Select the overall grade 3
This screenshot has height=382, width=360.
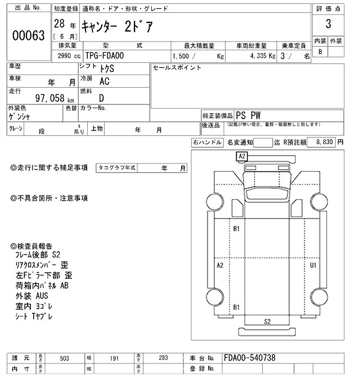click(327, 25)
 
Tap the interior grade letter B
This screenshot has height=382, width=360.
click(320, 52)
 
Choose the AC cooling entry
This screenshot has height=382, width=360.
click(104, 81)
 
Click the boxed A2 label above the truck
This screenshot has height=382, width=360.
click(242, 156)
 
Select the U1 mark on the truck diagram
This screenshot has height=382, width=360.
click(313, 265)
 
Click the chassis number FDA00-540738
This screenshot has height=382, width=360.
click(249, 358)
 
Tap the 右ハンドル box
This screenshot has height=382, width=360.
click(206, 143)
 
